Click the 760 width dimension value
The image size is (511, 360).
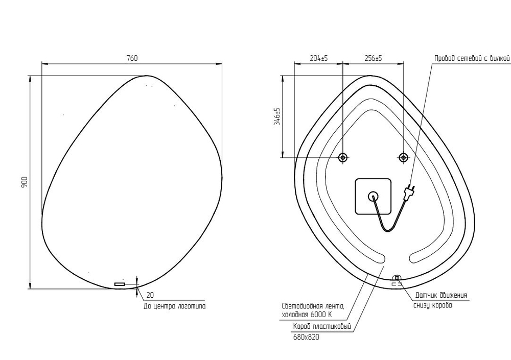tap(132, 58)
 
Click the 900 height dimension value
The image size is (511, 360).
tap(24, 182)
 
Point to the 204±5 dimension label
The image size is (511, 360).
tap(319, 59)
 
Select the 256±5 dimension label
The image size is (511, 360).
tap(374, 59)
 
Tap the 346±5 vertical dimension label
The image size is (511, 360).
tap(277, 116)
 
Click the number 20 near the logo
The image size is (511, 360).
tap(150, 295)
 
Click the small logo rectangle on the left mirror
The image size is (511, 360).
tap(120, 284)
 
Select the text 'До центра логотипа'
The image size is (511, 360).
tap(174, 306)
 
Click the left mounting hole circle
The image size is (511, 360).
tap(343, 157)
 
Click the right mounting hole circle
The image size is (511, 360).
tap(404, 157)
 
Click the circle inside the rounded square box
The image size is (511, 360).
tap(373, 196)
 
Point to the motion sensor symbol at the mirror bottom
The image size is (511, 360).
tap(396, 279)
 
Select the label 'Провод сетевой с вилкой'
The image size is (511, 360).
tap(472, 59)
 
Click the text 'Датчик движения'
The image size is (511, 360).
tap(440, 295)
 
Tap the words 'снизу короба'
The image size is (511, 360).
tap(432, 305)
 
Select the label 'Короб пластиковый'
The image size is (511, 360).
tap(321, 327)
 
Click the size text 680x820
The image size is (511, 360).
tap(306, 337)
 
